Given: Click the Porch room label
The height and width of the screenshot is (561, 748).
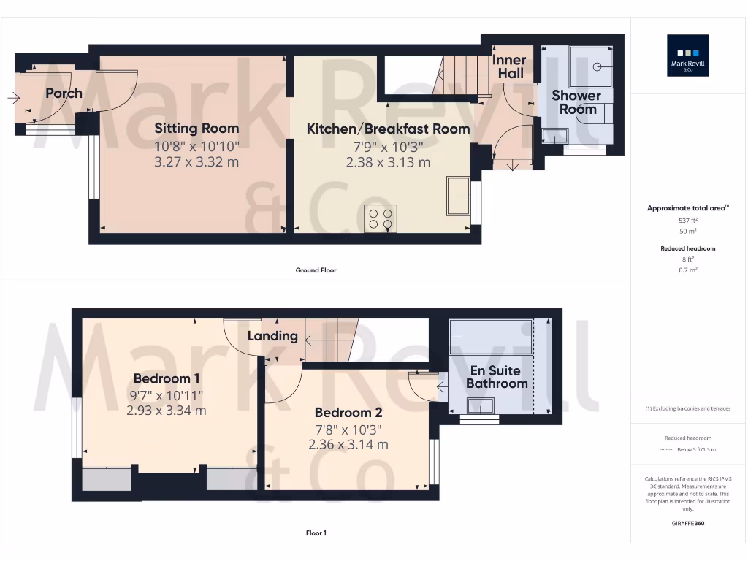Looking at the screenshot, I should pyautogui.click(x=64, y=93).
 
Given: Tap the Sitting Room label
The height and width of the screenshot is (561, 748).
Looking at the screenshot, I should pyautogui.click(x=196, y=129).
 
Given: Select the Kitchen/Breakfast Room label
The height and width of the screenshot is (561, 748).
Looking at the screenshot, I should pyautogui.click(x=388, y=129).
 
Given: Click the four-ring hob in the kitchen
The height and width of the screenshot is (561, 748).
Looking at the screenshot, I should pyautogui.click(x=381, y=218).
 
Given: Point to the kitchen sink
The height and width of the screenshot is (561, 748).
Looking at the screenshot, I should pyautogui.click(x=459, y=195).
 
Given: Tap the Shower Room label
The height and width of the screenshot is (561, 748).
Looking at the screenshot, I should pyautogui.click(x=576, y=102).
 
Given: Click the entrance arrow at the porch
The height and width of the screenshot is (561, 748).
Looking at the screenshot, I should pyautogui.click(x=15, y=98).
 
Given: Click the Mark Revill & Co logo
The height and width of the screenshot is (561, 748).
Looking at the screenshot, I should pyautogui.click(x=687, y=56).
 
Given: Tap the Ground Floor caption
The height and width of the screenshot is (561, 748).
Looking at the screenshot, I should pyautogui.click(x=316, y=270).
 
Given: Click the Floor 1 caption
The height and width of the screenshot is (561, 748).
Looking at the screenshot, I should pyautogui.click(x=316, y=533).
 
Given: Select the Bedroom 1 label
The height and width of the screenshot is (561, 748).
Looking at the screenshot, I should pyautogui.click(x=167, y=378).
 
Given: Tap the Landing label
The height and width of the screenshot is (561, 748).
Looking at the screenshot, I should pyautogui.click(x=272, y=336).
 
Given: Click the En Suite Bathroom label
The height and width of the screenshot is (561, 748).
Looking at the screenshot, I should pyautogui.click(x=497, y=377).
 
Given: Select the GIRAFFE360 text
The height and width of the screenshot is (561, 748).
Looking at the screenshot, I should pyautogui.click(x=687, y=524).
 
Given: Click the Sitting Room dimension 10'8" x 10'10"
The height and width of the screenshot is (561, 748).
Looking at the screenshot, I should pyautogui.click(x=196, y=146).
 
